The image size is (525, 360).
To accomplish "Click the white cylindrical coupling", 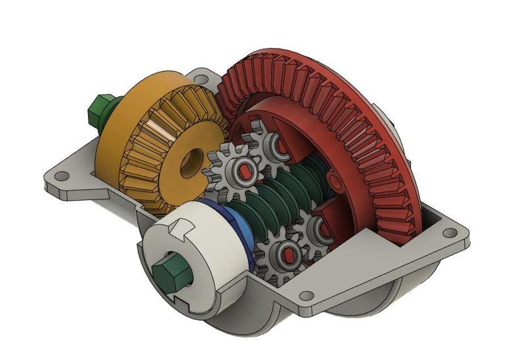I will pos(197,243).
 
